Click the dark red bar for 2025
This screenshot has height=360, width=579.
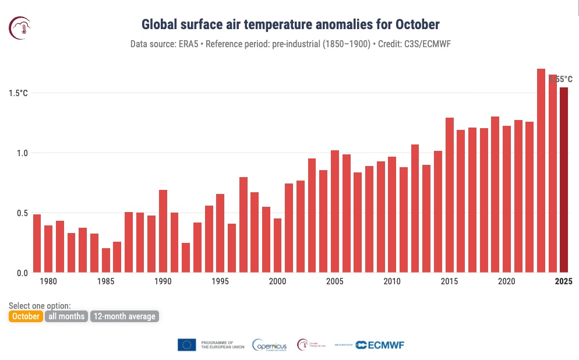563,181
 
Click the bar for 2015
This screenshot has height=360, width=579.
449,195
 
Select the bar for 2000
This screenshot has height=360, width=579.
277,245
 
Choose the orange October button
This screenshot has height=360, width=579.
26,316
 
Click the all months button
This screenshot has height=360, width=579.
66,316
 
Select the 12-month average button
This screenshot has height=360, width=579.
124,316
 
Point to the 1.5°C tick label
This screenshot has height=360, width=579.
18,93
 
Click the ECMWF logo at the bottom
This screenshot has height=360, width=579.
379,345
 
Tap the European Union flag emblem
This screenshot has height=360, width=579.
186,345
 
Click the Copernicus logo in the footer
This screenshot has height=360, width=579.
270,345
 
